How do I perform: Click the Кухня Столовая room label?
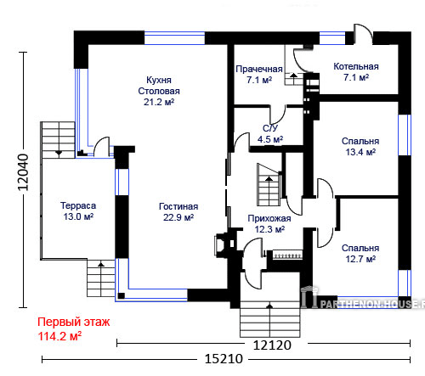159,91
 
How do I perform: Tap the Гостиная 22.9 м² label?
178,212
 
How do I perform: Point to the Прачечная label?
259,69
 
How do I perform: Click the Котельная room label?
356,66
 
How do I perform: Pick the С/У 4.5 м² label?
270,134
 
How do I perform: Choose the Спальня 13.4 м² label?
360,147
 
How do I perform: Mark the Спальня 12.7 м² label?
360,254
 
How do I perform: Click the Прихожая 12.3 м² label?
269,224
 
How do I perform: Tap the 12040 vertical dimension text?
23,172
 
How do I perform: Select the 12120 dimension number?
272,345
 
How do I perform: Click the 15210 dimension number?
224,359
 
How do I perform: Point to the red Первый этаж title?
74,322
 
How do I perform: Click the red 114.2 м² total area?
59,336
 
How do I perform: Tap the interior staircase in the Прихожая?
269,184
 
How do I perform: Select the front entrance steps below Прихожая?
269,319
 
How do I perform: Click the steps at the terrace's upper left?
58,140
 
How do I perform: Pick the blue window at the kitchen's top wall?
174,38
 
